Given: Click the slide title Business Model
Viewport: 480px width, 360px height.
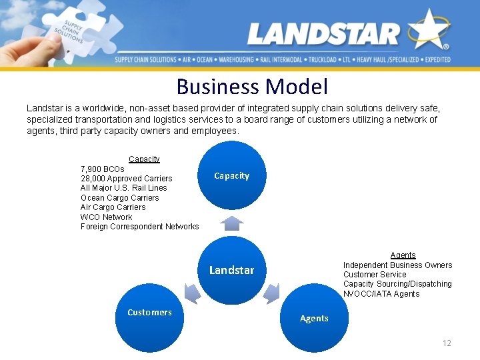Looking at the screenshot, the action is click(252, 87).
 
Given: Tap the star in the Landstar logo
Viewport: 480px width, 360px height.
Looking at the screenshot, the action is click(428, 29).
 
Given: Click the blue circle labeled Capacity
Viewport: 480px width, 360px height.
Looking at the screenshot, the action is click(231, 175).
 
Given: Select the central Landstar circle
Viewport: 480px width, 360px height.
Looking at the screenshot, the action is click(231, 269).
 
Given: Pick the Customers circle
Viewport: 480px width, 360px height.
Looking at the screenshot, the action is click(149, 317).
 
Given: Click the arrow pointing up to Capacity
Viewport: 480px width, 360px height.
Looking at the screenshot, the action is click(231, 220).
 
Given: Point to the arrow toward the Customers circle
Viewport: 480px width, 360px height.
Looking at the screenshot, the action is click(192, 293).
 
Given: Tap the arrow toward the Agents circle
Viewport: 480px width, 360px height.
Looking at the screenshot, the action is click(271, 293).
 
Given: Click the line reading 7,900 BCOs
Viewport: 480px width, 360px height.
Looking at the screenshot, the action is click(102, 169).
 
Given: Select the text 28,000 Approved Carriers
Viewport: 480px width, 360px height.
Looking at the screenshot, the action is click(126, 179).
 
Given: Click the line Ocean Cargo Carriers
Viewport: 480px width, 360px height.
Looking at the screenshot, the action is click(119, 197).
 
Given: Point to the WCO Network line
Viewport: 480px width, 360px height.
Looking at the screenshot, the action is click(106, 217).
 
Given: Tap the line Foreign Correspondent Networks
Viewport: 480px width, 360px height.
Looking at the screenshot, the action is click(139, 227).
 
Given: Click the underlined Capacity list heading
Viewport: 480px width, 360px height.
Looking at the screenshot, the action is click(144, 159).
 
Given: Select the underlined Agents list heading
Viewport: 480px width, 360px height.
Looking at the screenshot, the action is click(403, 255).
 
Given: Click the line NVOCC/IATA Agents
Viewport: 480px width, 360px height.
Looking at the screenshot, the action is click(381, 294).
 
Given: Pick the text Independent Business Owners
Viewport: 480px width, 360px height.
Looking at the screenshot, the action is click(397, 265).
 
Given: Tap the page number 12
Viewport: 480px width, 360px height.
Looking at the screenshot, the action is click(447, 343).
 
